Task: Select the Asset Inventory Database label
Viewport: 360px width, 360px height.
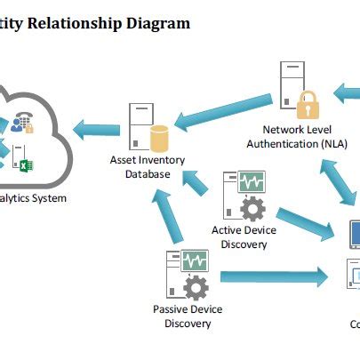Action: click(x=140, y=167)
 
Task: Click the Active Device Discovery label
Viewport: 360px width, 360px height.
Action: click(x=244, y=237)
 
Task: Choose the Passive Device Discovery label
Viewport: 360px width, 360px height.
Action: click(x=188, y=316)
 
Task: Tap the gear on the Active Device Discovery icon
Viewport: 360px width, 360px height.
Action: click(x=253, y=210)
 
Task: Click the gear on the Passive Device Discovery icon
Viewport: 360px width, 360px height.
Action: click(x=195, y=287)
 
